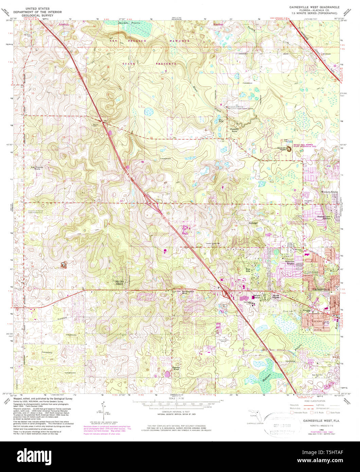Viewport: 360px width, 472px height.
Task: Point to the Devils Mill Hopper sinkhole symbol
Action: coord(290,148)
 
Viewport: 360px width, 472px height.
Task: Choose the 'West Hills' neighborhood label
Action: coord(250,270)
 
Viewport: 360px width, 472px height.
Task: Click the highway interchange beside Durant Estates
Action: coord(225,292)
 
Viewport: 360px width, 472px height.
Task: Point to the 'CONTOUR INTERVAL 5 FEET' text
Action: coord(176,412)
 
